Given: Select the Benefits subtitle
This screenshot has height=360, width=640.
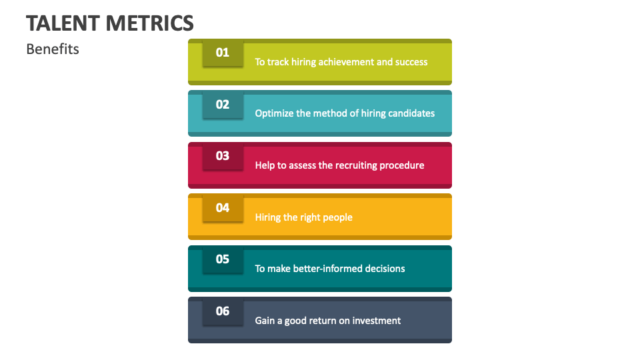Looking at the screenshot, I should pyautogui.click(x=53, y=49).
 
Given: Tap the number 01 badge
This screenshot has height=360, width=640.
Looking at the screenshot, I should pyautogui.click(x=223, y=53).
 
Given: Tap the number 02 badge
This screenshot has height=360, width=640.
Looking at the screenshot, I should pyautogui.click(x=223, y=105).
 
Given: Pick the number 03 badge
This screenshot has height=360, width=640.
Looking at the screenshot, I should pyautogui.click(x=223, y=156).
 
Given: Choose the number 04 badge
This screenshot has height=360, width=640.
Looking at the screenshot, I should pyautogui.click(x=223, y=208).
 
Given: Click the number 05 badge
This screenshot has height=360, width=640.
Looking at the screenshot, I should pyautogui.click(x=223, y=259).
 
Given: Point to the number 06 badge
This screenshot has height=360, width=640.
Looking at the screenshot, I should pyautogui.click(x=223, y=311).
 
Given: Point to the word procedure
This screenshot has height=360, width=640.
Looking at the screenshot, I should pyautogui.click(x=402, y=165).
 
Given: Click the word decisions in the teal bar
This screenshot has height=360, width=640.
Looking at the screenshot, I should pyautogui.click(x=385, y=269).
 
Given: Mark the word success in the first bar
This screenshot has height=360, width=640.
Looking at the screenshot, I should pyautogui.click(x=411, y=62).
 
